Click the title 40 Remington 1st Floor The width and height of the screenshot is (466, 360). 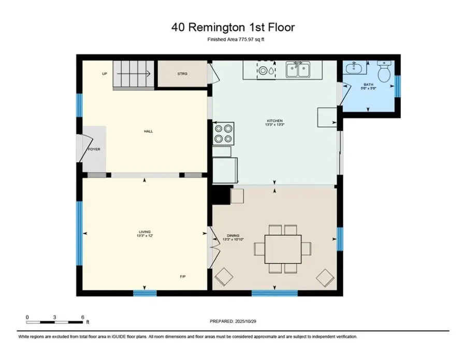[x=233, y=26]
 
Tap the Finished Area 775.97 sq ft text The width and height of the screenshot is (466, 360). [x=233, y=39]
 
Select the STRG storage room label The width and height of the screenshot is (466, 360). [x=182, y=74]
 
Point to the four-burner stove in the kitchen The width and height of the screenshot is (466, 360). [x=223, y=133]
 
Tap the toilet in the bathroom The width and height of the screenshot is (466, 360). [x=384, y=73]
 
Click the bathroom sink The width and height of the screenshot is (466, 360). [x=356, y=68]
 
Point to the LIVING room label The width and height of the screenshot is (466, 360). [x=144, y=233]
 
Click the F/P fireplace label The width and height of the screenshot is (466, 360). [x=183, y=276]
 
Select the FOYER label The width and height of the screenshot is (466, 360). [x=94, y=149]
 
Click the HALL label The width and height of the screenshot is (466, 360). [x=148, y=131]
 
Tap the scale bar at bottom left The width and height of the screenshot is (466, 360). [x=54, y=322]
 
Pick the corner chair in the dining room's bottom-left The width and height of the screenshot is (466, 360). [x=224, y=277]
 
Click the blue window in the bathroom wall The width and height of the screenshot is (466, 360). [x=398, y=86]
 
